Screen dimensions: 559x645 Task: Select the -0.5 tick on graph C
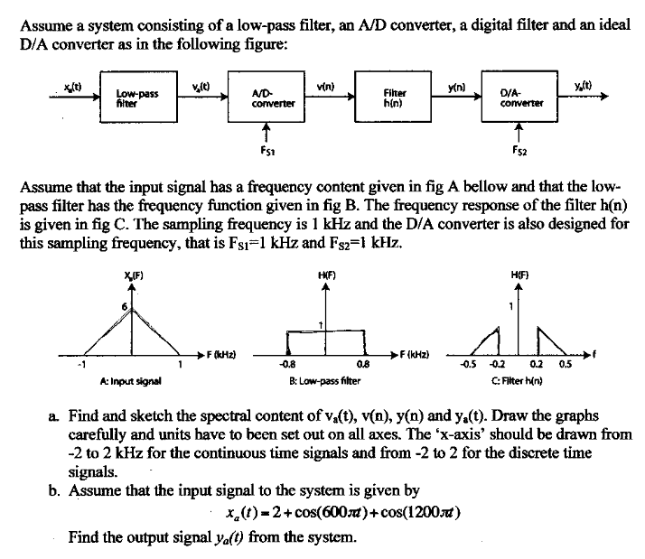click(x=470, y=365)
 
